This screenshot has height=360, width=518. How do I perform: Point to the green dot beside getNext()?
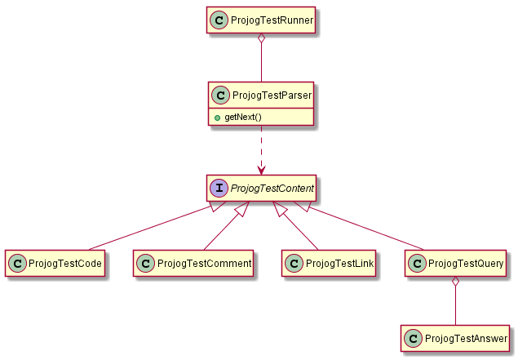[x=217, y=118]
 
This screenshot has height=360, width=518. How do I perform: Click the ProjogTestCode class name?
[x=65, y=264]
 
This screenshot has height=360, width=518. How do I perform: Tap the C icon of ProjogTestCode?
[x=17, y=264]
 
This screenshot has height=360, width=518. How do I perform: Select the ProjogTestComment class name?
[x=204, y=264]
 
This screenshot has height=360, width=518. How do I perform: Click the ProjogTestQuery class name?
[x=465, y=264]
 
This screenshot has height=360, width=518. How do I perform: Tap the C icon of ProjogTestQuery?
[x=415, y=264]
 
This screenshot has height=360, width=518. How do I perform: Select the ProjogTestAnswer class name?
[x=467, y=338]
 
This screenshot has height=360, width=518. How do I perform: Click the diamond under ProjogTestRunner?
[x=261, y=39]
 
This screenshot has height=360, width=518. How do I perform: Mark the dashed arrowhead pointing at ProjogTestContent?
[x=261, y=169]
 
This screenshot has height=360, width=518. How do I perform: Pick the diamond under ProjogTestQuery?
[x=456, y=283]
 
